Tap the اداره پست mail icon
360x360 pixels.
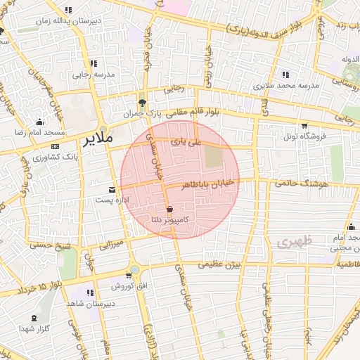click(x=112, y=189)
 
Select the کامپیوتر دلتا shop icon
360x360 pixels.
click(x=170, y=209)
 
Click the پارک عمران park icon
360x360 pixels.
click(x=142, y=102)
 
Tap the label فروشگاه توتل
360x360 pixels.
click(x=305, y=136)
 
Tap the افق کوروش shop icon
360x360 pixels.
click(x=129, y=276)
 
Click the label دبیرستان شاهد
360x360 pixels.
click(x=89, y=304)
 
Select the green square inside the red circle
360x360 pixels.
click(x=213, y=157)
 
